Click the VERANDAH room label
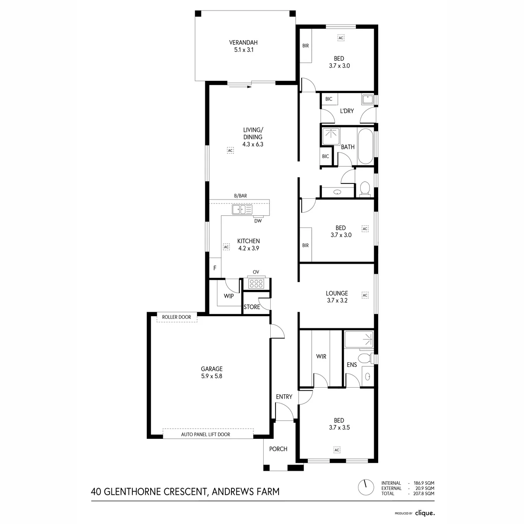click(x=243, y=43)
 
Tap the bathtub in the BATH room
click(x=365, y=146)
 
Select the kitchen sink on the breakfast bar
click(x=242, y=210)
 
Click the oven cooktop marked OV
click(x=256, y=284)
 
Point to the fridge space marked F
click(x=215, y=268)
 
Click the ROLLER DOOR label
click(x=176, y=317)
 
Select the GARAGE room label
click(x=211, y=369)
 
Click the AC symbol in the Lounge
click(x=365, y=295)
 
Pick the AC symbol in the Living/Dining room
click(x=230, y=150)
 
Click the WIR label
click(x=321, y=356)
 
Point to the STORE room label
click(x=252, y=307)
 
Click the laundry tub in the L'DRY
click(x=368, y=99)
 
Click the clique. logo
click(x=425, y=513)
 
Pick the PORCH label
click(x=278, y=449)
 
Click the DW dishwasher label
click(x=258, y=221)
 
